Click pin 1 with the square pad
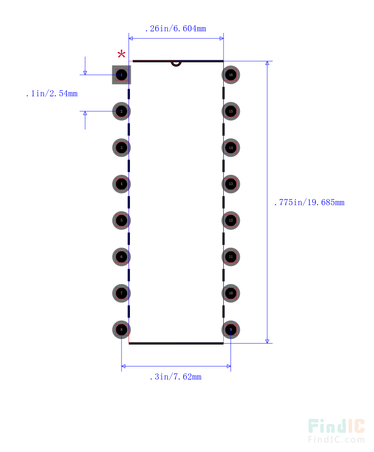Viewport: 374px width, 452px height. pyautogui.click(x=122, y=75)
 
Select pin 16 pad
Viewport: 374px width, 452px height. pyautogui.click(x=230, y=75)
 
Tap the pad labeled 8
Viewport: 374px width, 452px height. pyautogui.click(x=122, y=330)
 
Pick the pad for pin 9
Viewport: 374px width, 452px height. pyautogui.click(x=230, y=330)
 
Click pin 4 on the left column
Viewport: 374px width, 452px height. pyautogui.click(x=122, y=184)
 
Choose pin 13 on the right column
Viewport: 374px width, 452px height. pyautogui.click(x=230, y=184)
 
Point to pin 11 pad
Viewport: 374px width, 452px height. pyautogui.click(x=230, y=257)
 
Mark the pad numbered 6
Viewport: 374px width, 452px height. pyautogui.click(x=122, y=257)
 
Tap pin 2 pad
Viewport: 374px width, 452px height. pyautogui.click(x=122, y=111)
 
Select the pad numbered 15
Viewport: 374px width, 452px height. pyautogui.click(x=230, y=111)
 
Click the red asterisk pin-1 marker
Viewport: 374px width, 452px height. pyautogui.click(x=122, y=54)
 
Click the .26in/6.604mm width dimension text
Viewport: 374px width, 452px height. pyautogui.click(x=175, y=29)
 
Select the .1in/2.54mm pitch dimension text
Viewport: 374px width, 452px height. pyautogui.click(x=51, y=93)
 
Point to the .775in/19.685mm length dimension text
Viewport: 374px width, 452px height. pyautogui.click(x=309, y=202)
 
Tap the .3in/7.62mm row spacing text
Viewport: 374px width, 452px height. pyautogui.click(x=175, y=377)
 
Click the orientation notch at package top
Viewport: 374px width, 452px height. pyautogui.click(x=176, y=63)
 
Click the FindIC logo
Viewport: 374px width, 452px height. pyautogui.click(x=336, y=430)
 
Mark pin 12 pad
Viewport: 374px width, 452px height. pyautogui.click(x=230, y=221)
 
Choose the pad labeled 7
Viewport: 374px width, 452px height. pyautogui.click(x=122, y=294)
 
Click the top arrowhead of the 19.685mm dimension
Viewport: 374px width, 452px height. pyautogui.click(x=267, y=64)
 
